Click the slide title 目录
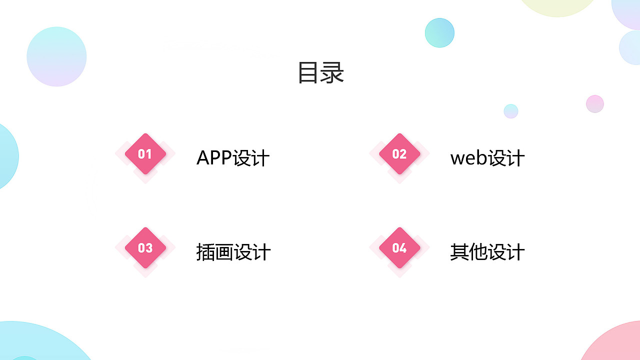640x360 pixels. pos(320,72)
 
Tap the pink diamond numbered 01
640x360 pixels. pos(145,154)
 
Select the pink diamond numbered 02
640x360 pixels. pos(399,154)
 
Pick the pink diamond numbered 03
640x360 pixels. pos(145,248)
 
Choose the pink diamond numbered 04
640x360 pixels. pos(399,248)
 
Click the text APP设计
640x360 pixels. pos(233,158)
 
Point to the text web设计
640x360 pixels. pos(487,158)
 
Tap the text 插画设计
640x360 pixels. pos(233,252)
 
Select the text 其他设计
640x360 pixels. pos(487,252)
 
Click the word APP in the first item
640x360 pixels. pos(214,158)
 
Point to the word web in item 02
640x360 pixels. pos(468,158)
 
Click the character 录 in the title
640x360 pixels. pos(332,72)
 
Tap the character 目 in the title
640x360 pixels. pos(308,72)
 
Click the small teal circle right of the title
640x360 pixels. pos(439,32)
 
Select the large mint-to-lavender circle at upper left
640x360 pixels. pos(56,56)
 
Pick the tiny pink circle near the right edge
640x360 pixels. pos(595,104)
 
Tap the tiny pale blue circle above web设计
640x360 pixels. pos(511,111)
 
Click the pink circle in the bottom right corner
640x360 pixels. pos(615,345)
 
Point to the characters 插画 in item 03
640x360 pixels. pos(214,252)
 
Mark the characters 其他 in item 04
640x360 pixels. pos(468,252)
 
